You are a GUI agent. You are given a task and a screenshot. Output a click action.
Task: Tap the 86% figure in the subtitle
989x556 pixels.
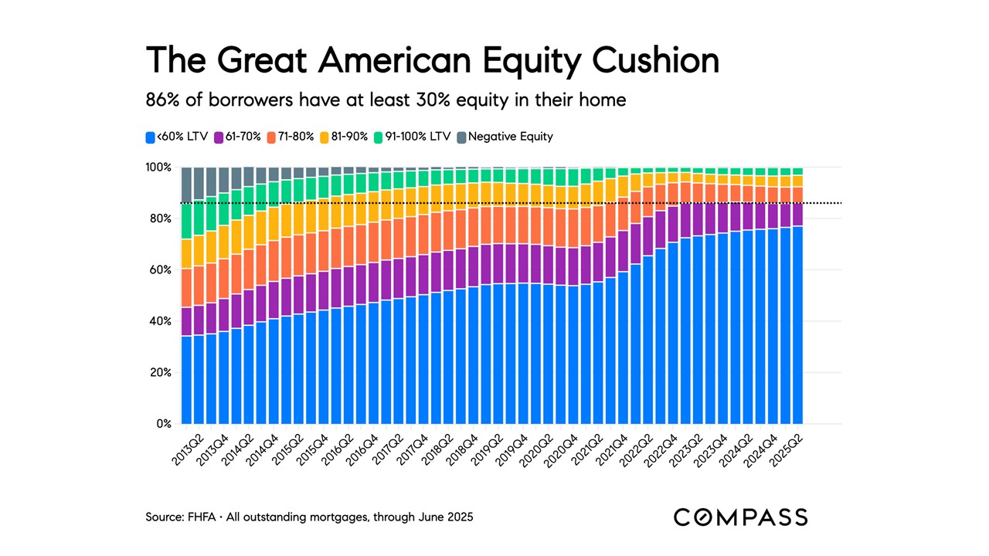pyautogui.click(x=161, y=100)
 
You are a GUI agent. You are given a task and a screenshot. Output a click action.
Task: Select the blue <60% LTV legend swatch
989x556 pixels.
pyautogui.click(x=150, y=137)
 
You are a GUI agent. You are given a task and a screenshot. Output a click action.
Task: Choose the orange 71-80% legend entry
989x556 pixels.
pyautogui.click(x=291, y=137)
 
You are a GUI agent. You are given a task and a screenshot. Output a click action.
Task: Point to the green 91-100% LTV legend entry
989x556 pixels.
pyautogui.click(x=413, y=137)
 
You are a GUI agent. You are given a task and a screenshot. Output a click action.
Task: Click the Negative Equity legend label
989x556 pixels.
pyautogui.click(x=511, y=137)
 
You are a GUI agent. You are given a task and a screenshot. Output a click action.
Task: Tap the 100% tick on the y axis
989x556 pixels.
pyautogui.click(x=159, y=167)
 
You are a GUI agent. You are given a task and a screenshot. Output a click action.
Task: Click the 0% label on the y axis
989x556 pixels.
pyautogui.click(x=165, y=424)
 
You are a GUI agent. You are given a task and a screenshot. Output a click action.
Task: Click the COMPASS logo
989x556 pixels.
pyautogui.click(x=740, y=517)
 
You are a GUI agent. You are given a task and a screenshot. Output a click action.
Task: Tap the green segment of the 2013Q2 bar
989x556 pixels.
pyautogui.click(x=186, y=220)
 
